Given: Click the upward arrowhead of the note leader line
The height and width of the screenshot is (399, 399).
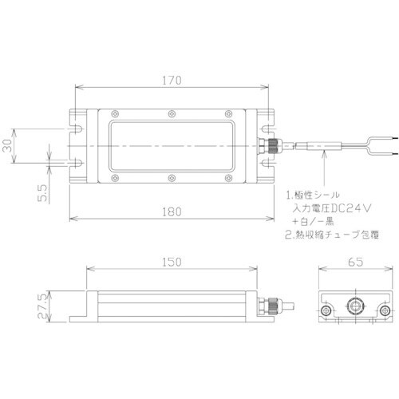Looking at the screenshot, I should [323, 156].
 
